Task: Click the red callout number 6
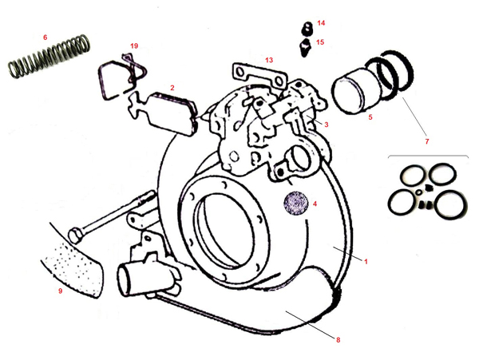(46, 38)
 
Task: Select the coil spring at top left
(49, 57)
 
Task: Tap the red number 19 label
(134, 46)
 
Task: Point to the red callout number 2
(172, 88)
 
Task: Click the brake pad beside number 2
(172, 113)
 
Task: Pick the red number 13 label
(269, 60)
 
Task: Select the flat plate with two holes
(259, 75)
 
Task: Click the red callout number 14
(321, 23)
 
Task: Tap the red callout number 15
(320, 42)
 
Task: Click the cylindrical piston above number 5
(355, 91)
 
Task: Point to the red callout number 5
(370, 117)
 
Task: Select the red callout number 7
(427, 141)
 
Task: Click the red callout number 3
(327, 125)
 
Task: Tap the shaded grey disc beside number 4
(295, 203)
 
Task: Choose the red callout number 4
(315, 204)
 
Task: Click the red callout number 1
(366, 261)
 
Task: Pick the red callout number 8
(338, 340)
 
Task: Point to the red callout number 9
(60, 291)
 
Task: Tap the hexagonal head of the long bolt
(76, 235)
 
